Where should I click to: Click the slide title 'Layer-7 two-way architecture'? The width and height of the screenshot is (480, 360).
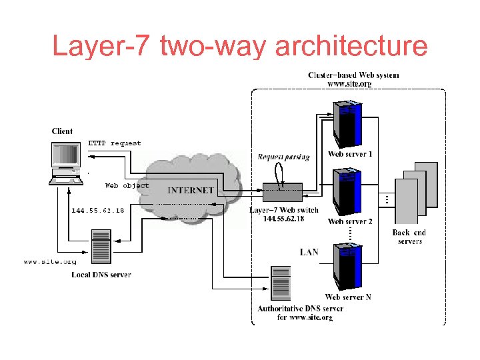pos(240,47)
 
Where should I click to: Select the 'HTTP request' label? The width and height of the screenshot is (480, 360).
pos(115,143)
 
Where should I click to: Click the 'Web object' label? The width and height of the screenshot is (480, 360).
pos(127,185)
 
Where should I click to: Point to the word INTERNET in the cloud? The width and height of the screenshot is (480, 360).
pos(191,190)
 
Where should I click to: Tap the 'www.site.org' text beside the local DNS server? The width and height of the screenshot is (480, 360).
pos(50,262)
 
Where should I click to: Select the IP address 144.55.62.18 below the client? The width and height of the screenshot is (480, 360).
pos(97,210)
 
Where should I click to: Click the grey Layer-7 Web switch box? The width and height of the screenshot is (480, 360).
pos(282,193)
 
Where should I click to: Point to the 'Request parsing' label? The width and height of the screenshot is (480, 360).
pos(284,157)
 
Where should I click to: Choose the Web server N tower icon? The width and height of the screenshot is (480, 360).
pos(349,267)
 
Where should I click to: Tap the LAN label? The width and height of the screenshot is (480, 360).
pos(309,252)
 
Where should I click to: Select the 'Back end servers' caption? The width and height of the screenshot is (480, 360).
pos(409,237)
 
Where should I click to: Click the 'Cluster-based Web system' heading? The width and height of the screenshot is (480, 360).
pos(353,75)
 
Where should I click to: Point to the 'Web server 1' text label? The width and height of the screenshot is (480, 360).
pos(350,155)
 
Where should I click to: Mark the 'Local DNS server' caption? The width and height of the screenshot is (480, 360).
pos(101,275)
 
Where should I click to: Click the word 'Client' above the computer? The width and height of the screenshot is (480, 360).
pos(62,131)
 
